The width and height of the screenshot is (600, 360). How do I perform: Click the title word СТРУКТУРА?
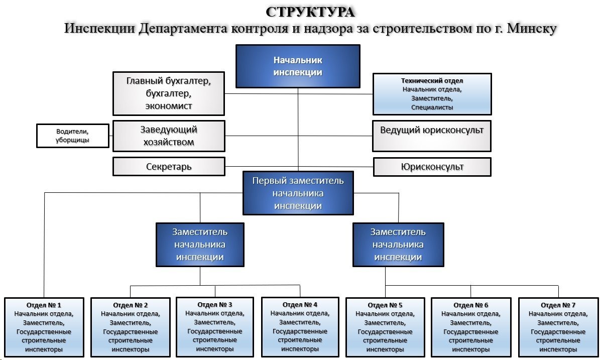310,12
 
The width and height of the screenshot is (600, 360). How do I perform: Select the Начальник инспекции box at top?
298,66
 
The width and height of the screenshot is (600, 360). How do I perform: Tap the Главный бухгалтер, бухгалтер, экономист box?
168,93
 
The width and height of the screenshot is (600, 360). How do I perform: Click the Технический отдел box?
432,94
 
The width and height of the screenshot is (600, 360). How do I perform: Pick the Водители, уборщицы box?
73,136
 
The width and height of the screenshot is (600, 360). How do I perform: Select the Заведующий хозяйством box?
168,136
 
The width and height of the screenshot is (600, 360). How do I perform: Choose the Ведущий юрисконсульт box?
432,136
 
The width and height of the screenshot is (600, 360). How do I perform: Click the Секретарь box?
168,166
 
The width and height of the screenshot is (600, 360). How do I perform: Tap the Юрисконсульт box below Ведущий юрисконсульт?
432,167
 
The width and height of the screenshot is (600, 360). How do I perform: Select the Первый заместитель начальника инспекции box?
298,193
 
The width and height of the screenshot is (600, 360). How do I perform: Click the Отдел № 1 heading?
44,305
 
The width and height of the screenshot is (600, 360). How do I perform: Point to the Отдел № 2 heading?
131,305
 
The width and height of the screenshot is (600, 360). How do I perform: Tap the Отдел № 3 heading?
215,304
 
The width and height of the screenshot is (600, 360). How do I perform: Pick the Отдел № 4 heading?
300,304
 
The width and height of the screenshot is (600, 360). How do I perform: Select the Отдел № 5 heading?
385,305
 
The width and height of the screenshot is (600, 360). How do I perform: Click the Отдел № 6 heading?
471,305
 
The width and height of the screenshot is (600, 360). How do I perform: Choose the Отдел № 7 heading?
558,305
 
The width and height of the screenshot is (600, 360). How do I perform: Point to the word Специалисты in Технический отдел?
432,107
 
